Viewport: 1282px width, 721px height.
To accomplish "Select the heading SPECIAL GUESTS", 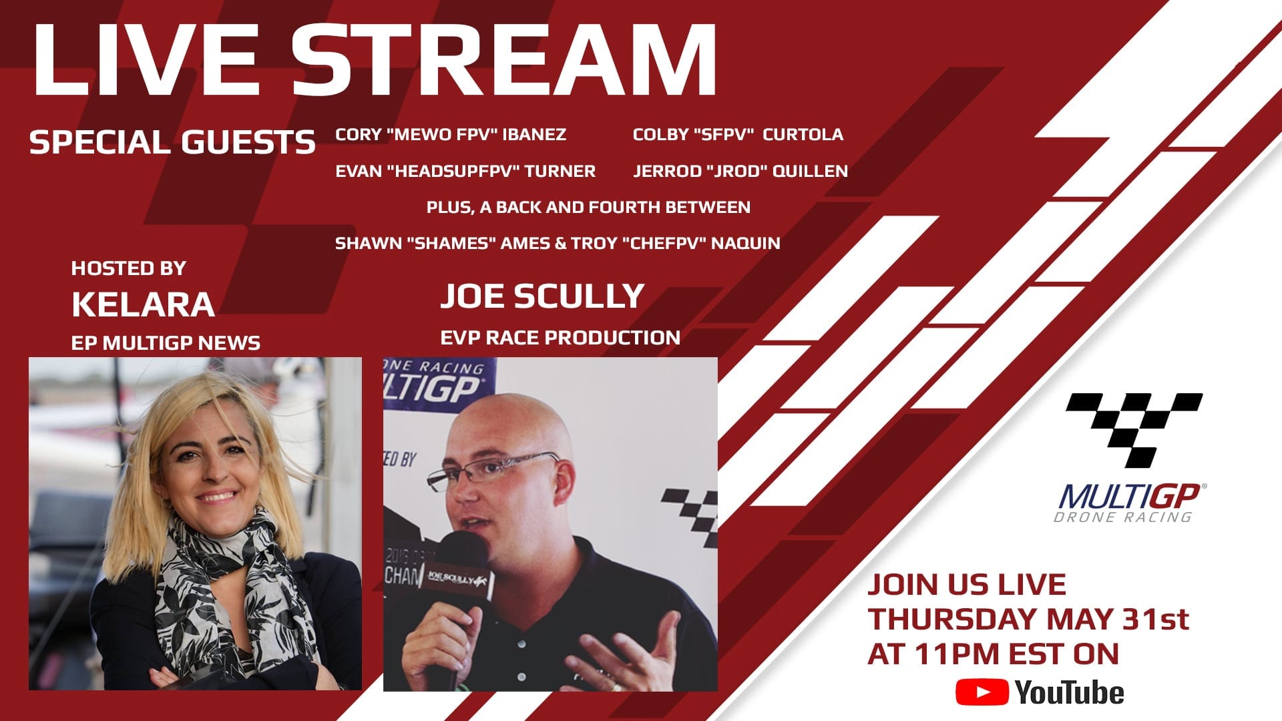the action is point(172,142).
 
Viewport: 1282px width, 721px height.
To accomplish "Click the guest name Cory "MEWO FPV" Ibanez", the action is point(451,134).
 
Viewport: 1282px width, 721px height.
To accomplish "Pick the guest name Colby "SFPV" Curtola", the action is point(738,134).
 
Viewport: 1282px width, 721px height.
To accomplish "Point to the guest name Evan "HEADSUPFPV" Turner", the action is point(465,171).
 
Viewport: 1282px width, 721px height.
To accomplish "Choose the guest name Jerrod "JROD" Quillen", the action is point(740,171).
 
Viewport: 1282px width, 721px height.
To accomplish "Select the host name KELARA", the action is point(143,304).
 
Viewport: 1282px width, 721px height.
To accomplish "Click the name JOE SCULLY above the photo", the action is point(542,296).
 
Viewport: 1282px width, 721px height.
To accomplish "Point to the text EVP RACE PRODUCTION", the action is point(560,337).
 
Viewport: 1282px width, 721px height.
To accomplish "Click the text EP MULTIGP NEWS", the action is point(166,342).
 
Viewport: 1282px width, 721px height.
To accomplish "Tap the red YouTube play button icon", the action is point(982,692).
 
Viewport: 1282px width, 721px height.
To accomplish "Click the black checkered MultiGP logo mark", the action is point(1134,430).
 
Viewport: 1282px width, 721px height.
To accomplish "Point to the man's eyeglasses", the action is point(495,468).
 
